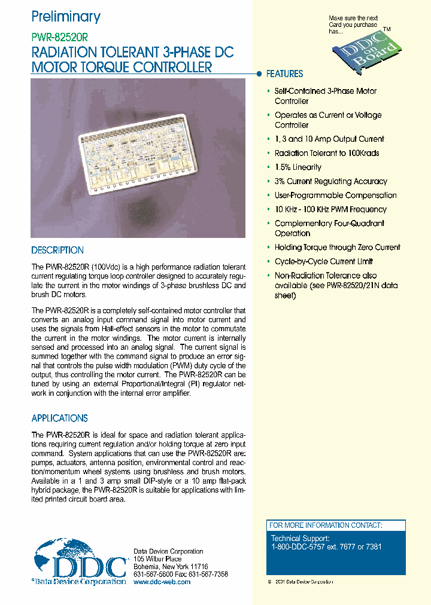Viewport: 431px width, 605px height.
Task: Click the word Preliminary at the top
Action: pyautogui.click(x=66, y=17)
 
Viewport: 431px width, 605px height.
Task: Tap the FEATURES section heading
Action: pyautogui.click(x=284, y=74)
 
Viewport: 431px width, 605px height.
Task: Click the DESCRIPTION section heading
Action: pyautogui.click(x=57, y=250)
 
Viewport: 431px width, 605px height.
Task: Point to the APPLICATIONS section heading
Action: pyautogui.click(x=59, y=418)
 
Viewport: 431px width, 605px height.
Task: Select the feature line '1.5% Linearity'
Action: pyautogui.click(x=298, y=167)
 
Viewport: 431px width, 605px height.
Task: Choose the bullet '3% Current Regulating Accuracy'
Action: pyautogui.click(x=330, y=181)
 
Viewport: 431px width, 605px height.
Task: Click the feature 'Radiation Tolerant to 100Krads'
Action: pyautogui.click(x=326, y=153)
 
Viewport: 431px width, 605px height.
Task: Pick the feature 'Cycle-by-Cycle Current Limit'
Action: pyautogui.click(x=323, y=261)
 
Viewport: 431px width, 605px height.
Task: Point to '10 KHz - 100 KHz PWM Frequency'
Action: pyautogui.click(x=330, y=209)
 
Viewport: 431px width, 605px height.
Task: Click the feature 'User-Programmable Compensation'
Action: pyautogui.click(x=335, y=195)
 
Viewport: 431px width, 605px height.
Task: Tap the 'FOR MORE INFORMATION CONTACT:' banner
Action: pyautogui.click(x=325, y=525)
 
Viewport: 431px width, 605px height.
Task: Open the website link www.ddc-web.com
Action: pyautogui.click(x=162, y=582)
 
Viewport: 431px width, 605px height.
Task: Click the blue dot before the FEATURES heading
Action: pyautogui.click(x=259, y=74)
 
